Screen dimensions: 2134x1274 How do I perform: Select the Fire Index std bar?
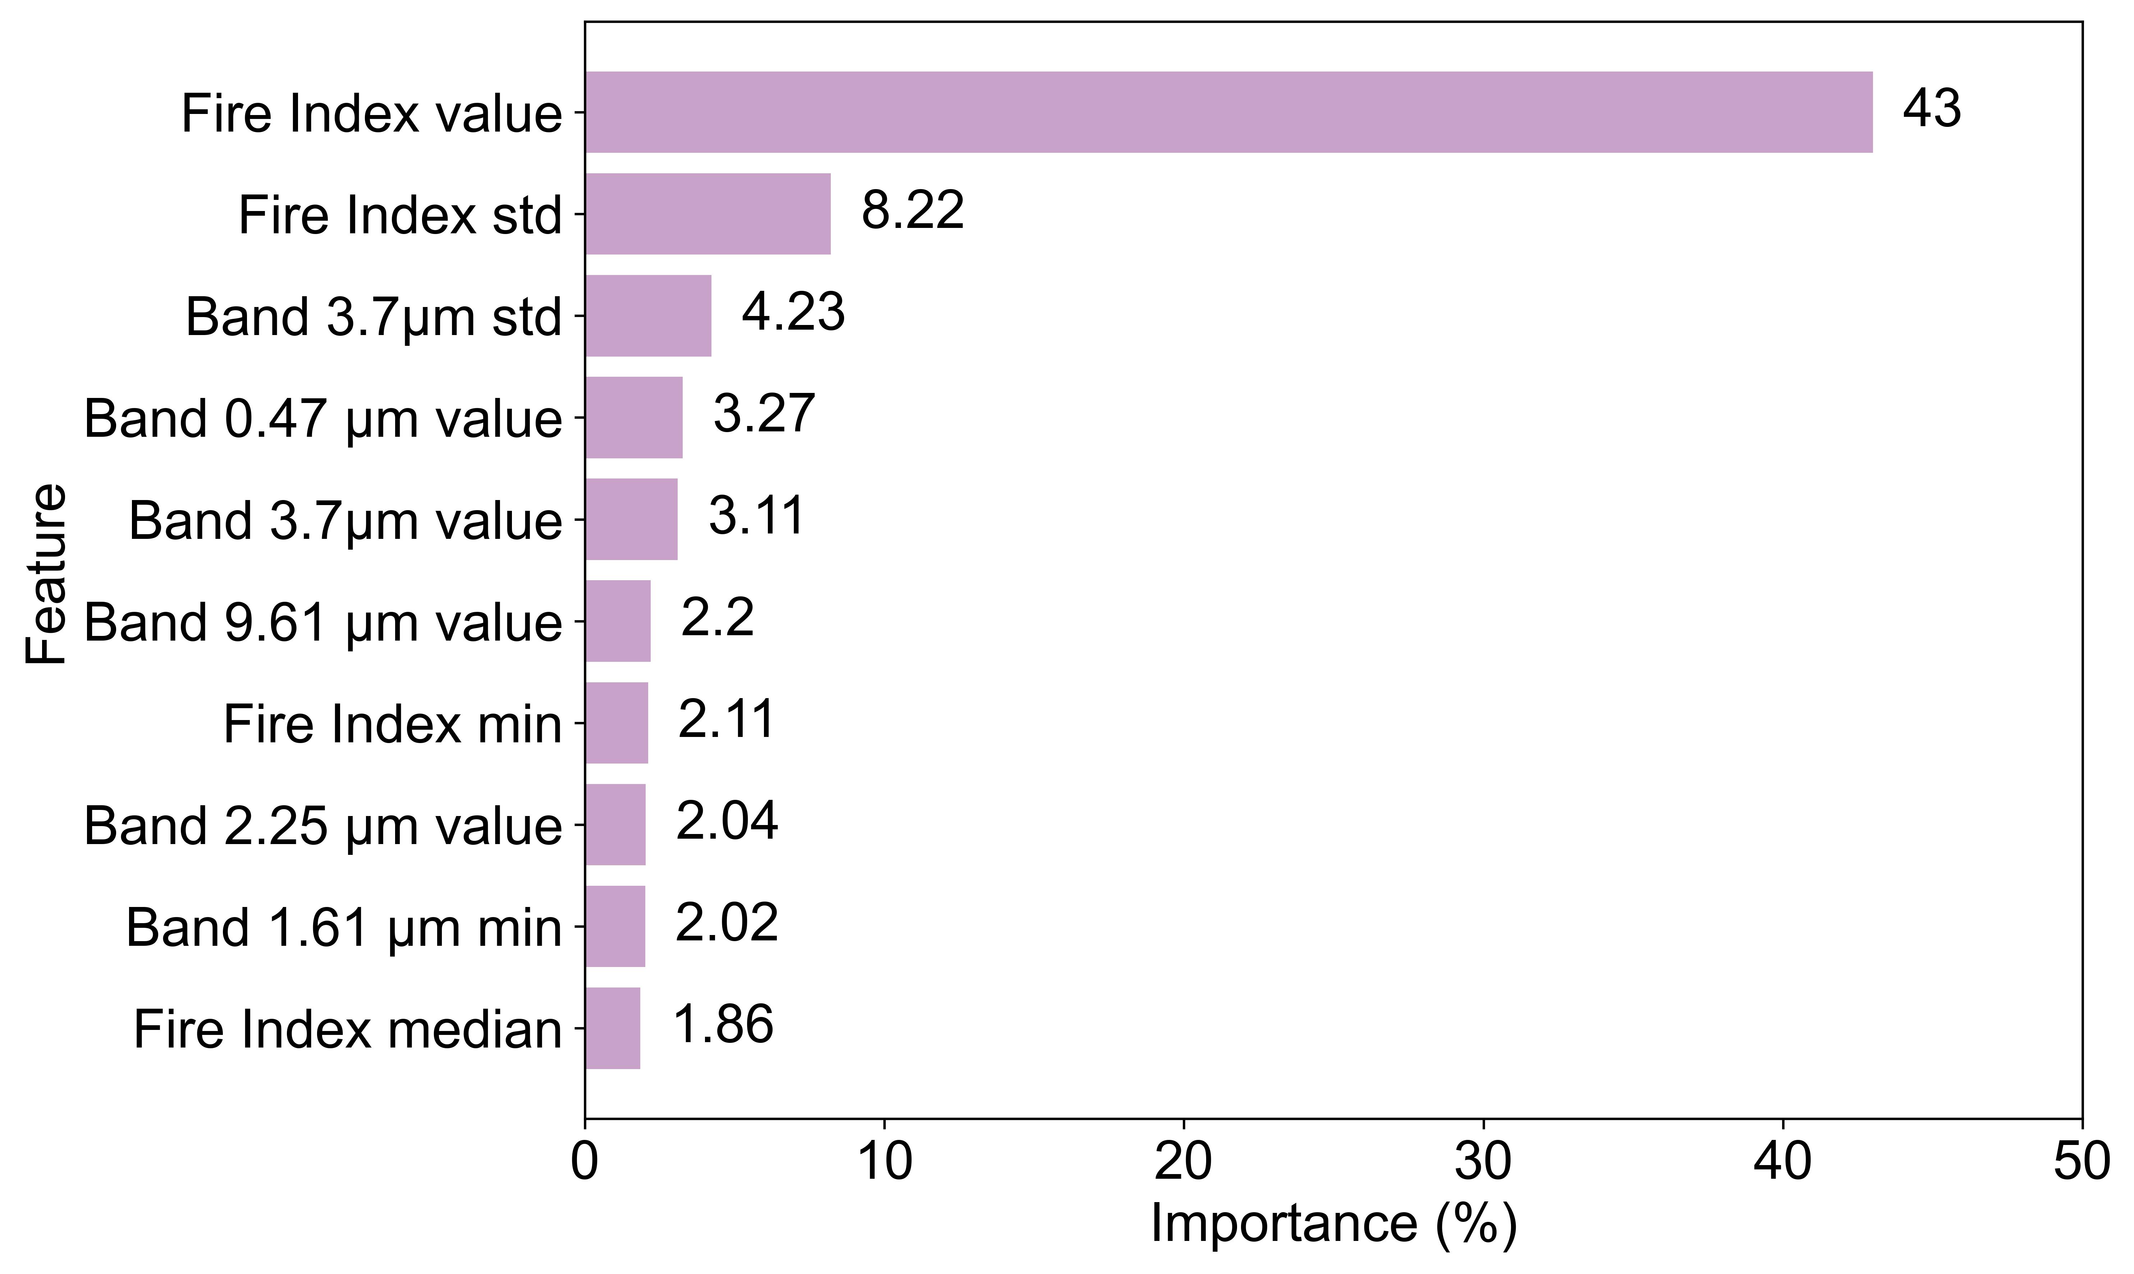(x=708, y=214)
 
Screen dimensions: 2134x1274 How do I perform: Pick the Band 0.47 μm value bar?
(x=635, y=417)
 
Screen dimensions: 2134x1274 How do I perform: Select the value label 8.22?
(x=912, y=211)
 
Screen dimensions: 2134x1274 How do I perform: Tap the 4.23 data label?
(x=793, y=312)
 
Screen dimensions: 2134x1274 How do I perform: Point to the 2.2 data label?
(x=718, y=618)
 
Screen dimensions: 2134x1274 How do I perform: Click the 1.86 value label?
(x=724, y=1025)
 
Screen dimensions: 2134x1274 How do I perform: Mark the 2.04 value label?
(x=727, y=821)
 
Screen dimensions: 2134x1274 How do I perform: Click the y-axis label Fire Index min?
(x=392, y=724)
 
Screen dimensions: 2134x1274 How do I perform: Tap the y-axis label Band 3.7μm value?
(x=345, y=520)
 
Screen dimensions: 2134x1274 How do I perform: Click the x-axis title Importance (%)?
(x=1334, y=1223)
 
